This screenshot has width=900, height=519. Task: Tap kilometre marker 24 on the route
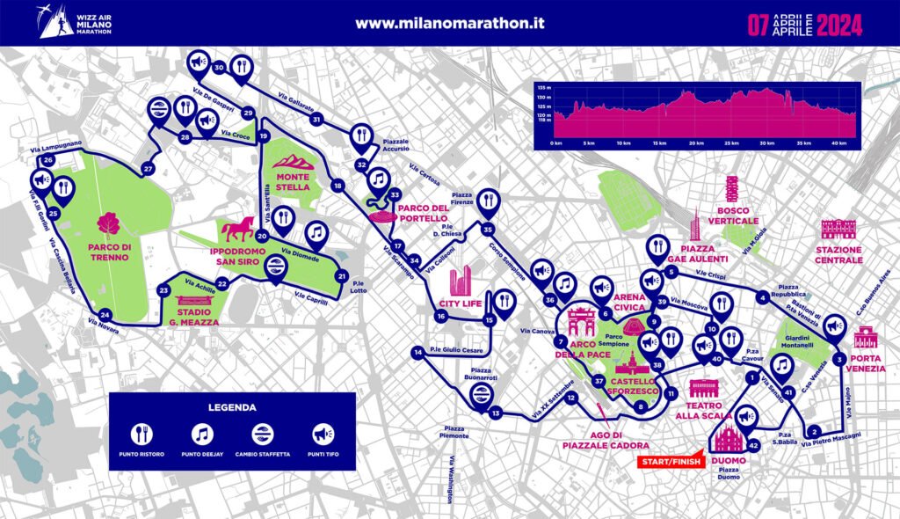coord(105,315)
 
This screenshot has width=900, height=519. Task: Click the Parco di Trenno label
coord(110,252)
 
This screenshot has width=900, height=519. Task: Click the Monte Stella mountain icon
coord(293,162)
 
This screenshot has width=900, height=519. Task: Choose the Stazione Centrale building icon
coord(838,229)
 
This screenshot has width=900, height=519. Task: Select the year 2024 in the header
coord(839,24)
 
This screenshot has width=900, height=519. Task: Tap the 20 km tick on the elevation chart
coord(696,143)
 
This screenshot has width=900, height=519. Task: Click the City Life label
coord(461,305)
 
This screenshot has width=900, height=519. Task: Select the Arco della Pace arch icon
coord(581,322)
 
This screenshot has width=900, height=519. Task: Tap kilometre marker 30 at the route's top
coord(219,67)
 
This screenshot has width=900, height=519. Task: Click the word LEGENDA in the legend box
coord(232,407)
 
